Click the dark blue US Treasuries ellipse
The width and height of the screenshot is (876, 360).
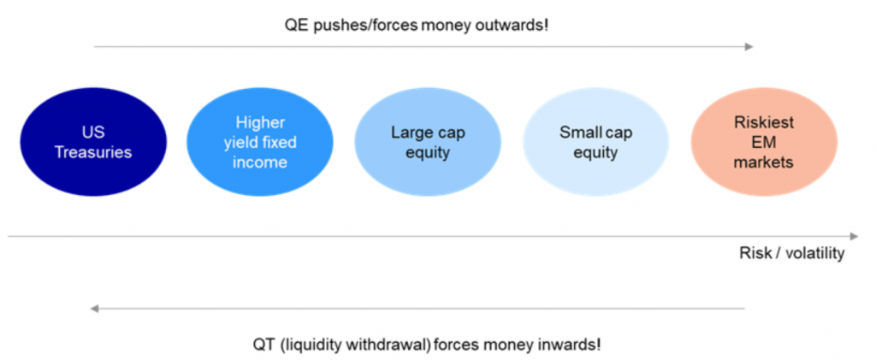point(93,142)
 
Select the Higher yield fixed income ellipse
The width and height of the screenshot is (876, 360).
point(260,142)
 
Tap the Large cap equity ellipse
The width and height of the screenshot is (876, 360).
point(428,142)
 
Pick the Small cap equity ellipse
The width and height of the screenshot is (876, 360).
point(596,142)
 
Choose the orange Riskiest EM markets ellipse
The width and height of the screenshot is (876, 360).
point(764,142)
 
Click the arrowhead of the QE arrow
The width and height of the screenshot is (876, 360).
point(749,47)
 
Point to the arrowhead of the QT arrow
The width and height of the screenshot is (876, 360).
point(95,308)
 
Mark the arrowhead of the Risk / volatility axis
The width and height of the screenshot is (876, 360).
point(853,236)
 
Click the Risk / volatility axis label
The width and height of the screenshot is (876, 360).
point(791,253)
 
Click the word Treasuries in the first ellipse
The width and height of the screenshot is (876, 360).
point(93,152)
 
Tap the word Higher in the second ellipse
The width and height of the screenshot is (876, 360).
point(260,123)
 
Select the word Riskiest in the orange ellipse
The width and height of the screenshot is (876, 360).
point(764,123)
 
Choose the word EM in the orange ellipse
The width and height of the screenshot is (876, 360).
point(764,142)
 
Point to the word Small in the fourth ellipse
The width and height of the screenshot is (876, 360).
point(579,133)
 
